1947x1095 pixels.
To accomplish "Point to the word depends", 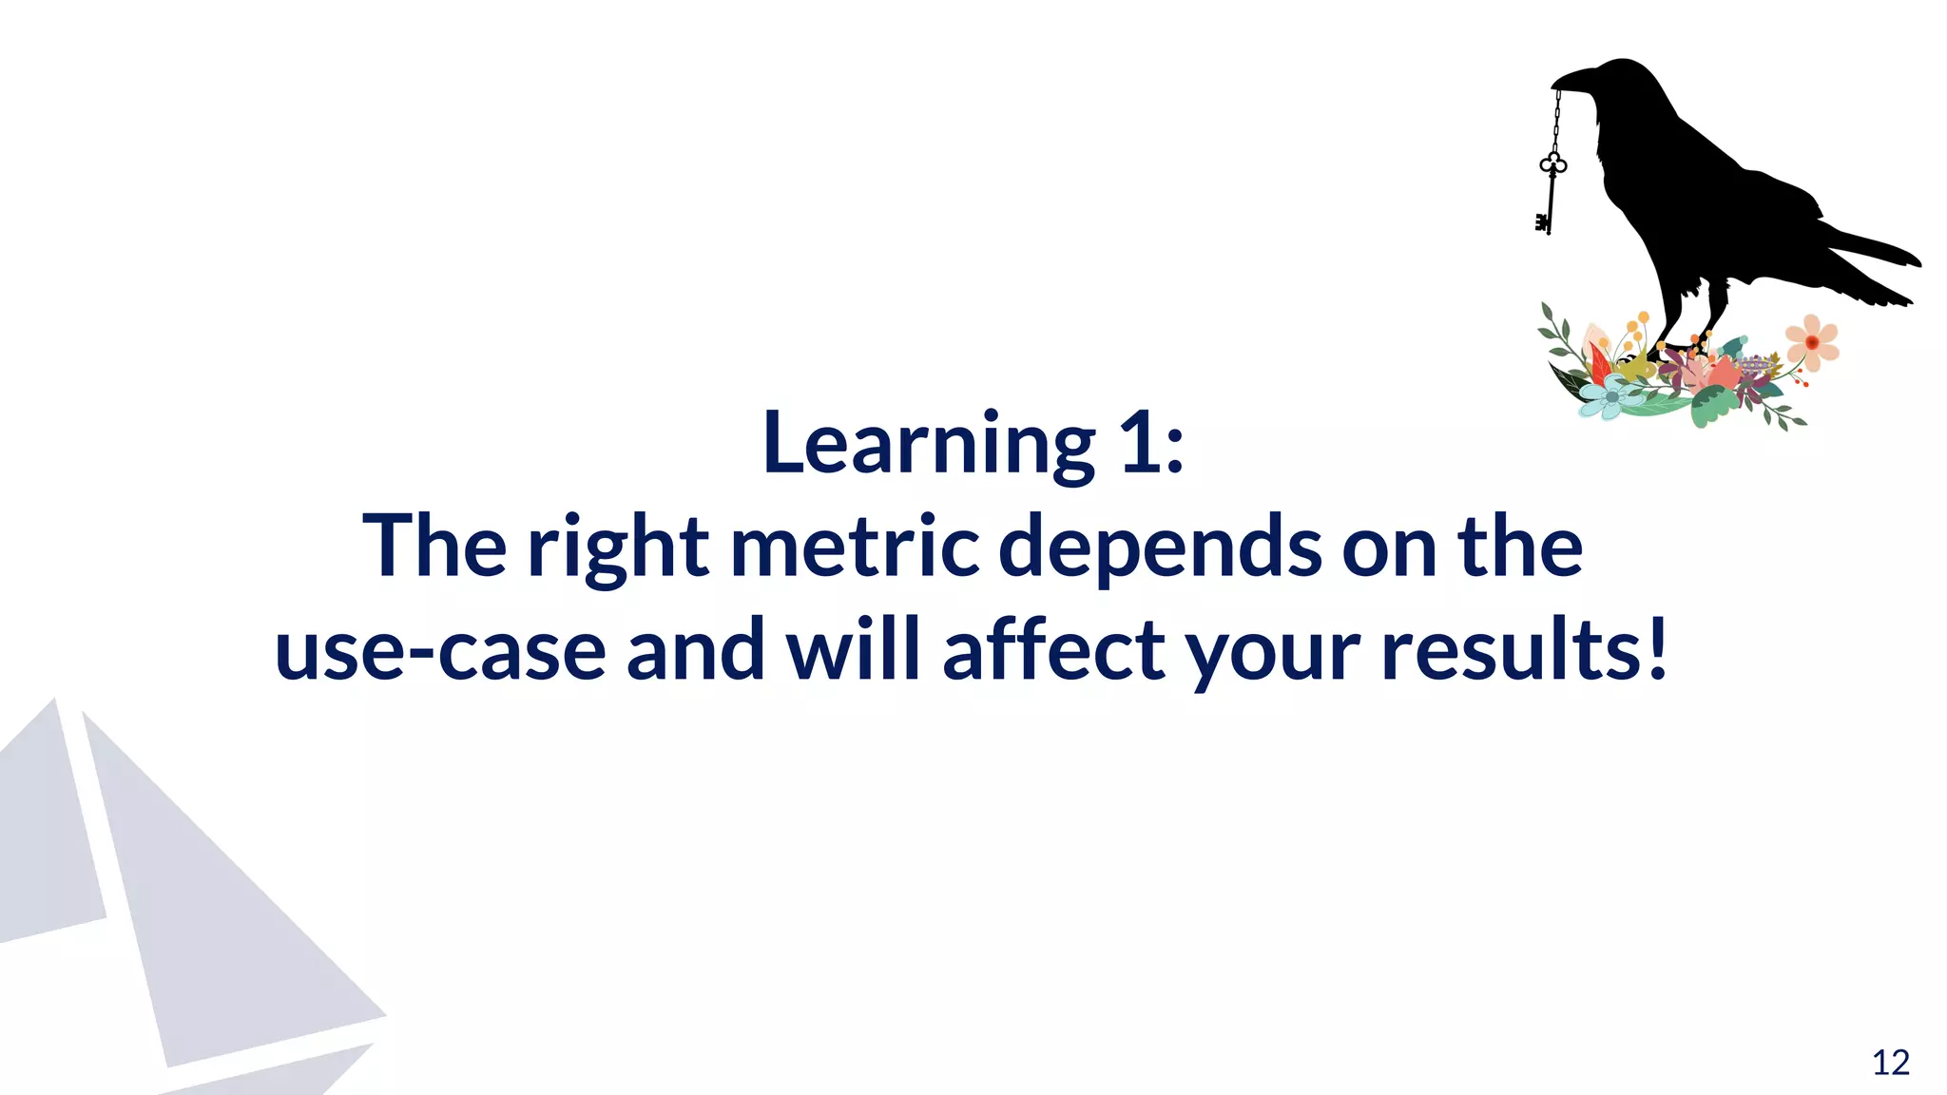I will [x=1160, y=548].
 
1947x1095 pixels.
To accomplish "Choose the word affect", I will [x=1053, y=649].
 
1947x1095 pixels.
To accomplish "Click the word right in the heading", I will [x=618, y=548].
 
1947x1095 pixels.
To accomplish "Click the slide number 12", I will [x=1891, y=1063].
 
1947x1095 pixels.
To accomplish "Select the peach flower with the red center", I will [x=1812, y=342].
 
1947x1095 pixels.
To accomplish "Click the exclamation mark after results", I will [x=1658, y=649].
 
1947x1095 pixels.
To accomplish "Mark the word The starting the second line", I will [x=434, y=547].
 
